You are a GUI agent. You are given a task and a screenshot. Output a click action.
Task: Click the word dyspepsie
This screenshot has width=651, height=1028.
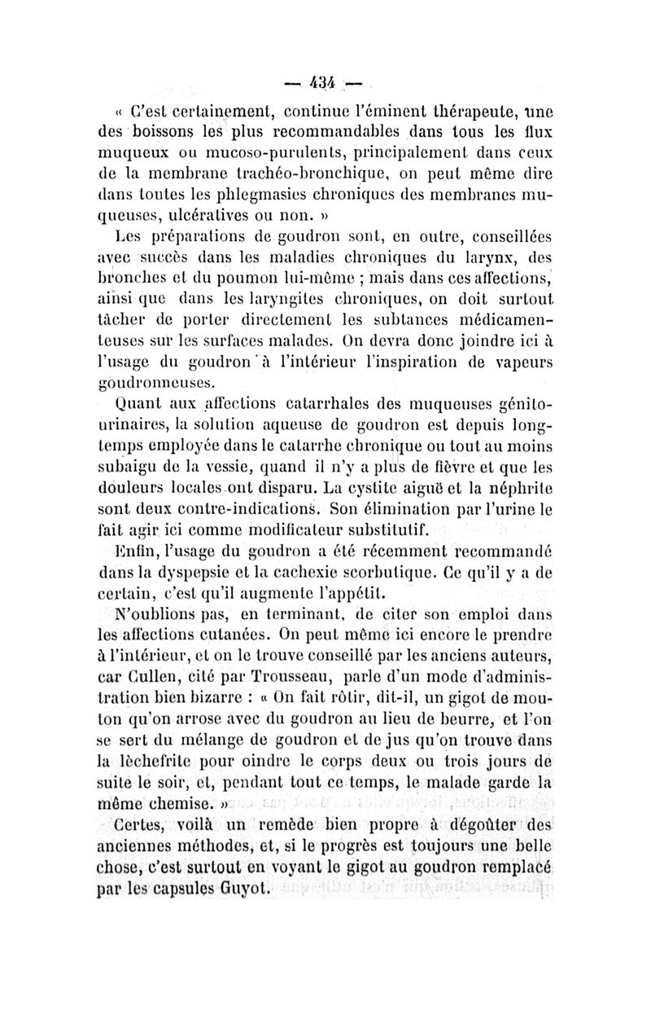click(207, 573)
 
